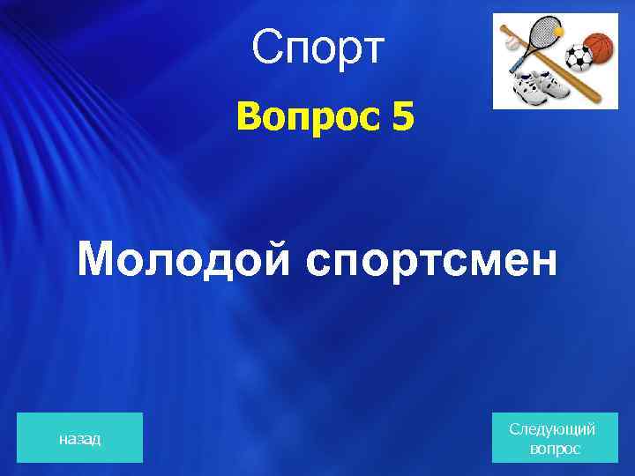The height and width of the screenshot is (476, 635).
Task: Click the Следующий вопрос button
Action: [552, 438]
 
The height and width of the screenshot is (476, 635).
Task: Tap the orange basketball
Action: [599, 48]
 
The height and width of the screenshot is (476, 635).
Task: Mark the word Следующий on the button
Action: [552, 428]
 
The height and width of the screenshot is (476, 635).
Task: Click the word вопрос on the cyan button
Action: [555, 449]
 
